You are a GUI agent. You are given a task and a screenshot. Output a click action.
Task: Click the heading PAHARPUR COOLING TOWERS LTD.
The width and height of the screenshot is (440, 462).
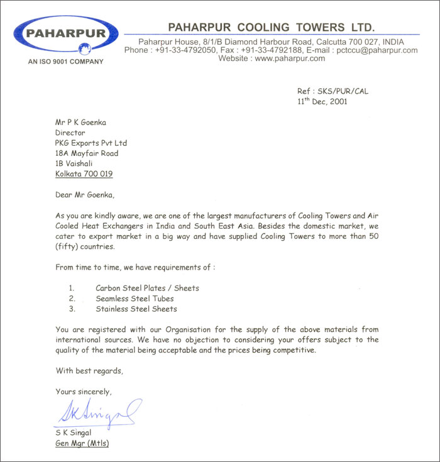point(271,27)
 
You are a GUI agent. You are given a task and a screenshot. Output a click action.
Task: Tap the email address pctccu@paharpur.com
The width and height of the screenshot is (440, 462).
point(377,50)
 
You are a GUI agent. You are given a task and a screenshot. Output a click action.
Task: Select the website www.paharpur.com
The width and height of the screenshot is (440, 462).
point(290,58)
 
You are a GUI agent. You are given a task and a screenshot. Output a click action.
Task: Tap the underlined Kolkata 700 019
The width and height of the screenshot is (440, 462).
point(84,173)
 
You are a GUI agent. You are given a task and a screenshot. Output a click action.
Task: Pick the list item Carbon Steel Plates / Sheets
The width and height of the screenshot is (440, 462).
point(147,288)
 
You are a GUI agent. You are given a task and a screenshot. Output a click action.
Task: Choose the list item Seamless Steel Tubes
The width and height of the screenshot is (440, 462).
point(135,299)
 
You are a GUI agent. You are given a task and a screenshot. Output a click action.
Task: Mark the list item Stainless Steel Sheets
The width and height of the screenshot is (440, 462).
point(136,309)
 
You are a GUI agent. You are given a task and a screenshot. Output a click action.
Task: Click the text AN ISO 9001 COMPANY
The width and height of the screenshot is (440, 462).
point(65,62)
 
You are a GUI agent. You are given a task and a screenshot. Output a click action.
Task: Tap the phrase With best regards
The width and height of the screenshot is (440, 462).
point(89,370)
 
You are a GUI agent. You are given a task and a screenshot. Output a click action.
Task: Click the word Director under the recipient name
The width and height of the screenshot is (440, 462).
point(70,133)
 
